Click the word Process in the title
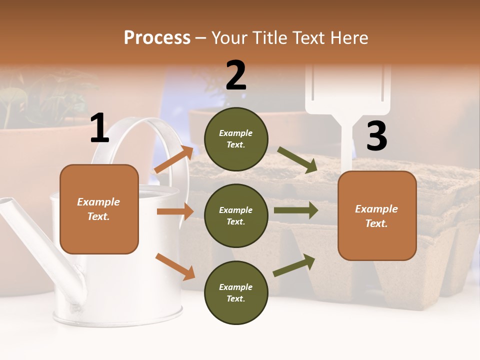point(157,37)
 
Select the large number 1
point(99,128)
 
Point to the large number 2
point(236,75)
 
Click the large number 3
point(376,136)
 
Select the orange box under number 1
point(99,209)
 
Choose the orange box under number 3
point(376,215)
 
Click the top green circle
point(236,139)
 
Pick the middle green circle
point(236,215)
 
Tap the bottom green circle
point(236,292)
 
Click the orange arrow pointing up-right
point(173,159)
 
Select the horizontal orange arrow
point(175,211)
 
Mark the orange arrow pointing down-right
point(175,266)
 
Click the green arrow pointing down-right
point(297,160)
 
